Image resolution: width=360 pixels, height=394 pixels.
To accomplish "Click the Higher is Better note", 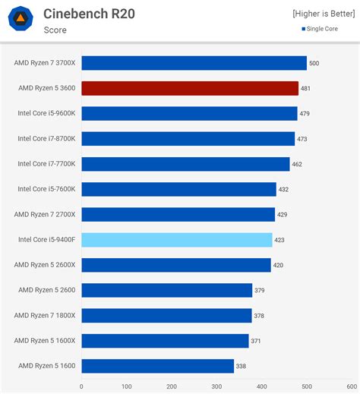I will tap(324, 14).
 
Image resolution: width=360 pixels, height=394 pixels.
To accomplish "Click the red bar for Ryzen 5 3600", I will tap(190, 88).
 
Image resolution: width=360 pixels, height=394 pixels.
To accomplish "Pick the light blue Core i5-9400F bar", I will tap(177, 240).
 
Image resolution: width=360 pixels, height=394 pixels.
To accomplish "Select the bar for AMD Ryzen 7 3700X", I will tap(194, 63).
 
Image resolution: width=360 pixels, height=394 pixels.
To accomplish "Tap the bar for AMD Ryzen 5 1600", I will tap(158, 366).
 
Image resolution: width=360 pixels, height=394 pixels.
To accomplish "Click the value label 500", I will tap(314, 64).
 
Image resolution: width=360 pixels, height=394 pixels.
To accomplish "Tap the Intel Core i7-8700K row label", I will tap(46, 139).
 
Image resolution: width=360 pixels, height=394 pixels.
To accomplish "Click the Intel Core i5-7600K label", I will tap(46, 189).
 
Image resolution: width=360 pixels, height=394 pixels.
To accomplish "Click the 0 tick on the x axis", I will tap(82, 386).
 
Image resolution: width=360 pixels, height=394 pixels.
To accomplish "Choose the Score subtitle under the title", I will tap(55, 30).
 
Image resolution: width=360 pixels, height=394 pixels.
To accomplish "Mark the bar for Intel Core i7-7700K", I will tap(185, 164).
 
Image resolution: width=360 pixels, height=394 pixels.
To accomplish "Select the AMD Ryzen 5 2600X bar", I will tap(176, 265).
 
